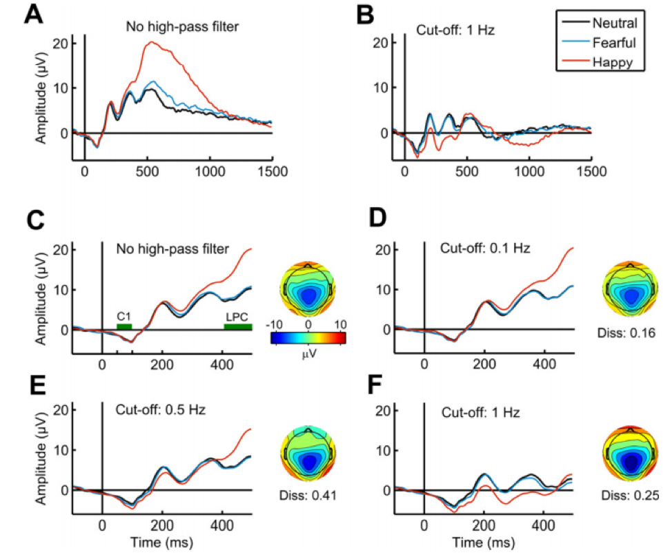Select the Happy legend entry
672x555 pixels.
[611, 62]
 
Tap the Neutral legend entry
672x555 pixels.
[613, 23]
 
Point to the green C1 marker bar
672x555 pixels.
[124, 326]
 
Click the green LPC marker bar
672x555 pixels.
[238, 326]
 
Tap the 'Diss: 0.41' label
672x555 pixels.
[308, 494]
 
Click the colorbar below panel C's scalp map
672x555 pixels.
[308, 338]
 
